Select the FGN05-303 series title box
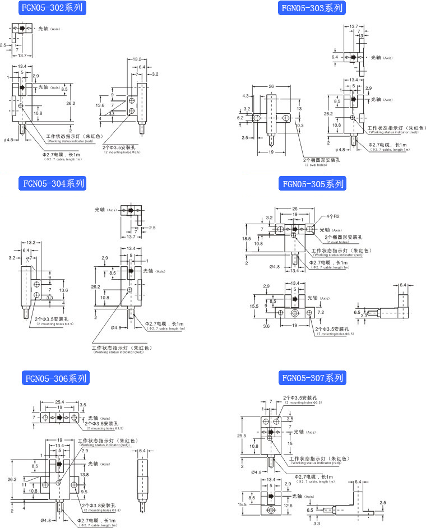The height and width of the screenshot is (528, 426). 312,8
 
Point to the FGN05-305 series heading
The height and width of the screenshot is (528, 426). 313,184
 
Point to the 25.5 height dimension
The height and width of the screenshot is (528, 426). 242,436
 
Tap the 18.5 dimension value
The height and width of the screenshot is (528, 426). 247,238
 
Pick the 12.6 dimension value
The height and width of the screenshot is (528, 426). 288,506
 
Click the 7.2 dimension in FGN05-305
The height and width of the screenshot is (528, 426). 321,311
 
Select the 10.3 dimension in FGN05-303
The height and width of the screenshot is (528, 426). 300,125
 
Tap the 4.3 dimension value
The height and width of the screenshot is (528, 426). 245,96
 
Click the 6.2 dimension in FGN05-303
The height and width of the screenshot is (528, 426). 240,118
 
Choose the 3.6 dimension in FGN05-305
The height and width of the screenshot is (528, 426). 266,326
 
